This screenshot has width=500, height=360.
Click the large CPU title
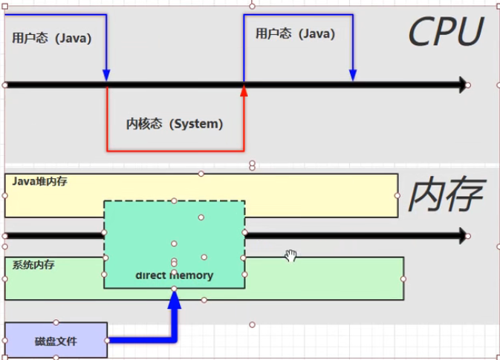coord(446,31)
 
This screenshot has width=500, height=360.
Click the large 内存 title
coord(447,194)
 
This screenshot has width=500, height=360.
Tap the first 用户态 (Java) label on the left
coord(52,39)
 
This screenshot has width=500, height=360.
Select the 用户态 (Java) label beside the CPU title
coord(295,33)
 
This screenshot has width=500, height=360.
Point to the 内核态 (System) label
coord(175,124)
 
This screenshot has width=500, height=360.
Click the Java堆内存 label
coord(39,181)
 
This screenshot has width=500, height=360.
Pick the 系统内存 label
coord(33,265)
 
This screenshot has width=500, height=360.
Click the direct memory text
coord(175,275)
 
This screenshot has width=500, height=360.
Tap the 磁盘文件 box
coord(56,340)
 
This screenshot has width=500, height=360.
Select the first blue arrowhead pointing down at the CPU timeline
coord(106,75)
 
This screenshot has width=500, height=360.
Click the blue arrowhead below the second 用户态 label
coord(353,75)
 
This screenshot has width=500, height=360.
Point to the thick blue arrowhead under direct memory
coord(175,299)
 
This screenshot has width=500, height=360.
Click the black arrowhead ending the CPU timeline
coord(463,85)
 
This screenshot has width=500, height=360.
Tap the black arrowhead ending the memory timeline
coord(463,236)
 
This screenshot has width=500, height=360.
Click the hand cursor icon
coord(290,255)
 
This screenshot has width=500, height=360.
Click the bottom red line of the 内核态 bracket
coord(175,151)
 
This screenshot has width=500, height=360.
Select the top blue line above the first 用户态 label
coord(56,15)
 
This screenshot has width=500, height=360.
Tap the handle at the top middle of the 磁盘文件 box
coord(56,322)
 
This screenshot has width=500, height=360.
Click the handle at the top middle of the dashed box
coord(174,200)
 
